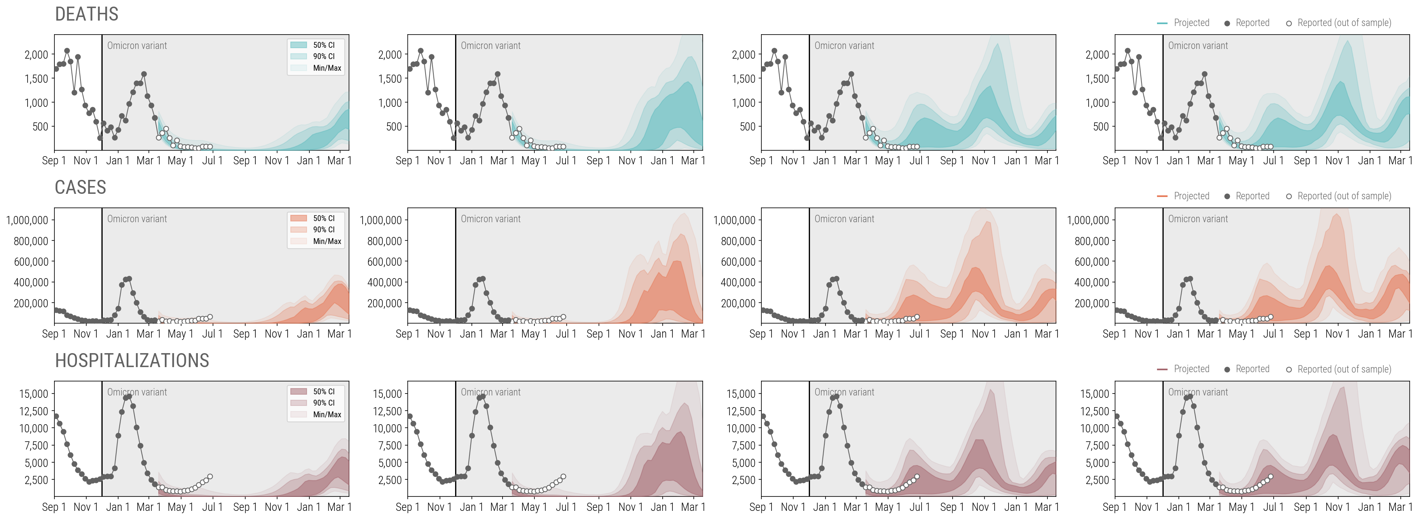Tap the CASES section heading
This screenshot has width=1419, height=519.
click(80, 188)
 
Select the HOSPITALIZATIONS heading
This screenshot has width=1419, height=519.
click(132, 361)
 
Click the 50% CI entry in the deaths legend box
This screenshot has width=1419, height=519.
click(323, 45)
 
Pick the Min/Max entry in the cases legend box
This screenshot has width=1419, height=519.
click(326, 241)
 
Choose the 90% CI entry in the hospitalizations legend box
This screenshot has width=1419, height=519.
click(323, 403)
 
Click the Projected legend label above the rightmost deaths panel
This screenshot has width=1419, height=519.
click(1191, 23)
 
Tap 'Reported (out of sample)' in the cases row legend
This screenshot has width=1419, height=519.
click(1344, 196)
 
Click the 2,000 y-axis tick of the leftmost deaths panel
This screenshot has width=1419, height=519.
click(37, 54)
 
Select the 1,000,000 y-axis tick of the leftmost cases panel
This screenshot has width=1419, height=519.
click(27, 220)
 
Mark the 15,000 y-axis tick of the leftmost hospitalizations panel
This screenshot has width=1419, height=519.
click(33, 394)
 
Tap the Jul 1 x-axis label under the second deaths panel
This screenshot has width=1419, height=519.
click(566, 161)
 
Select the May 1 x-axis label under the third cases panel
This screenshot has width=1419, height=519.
click(887, 334)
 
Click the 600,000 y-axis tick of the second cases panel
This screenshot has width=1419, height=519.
click(384, 262)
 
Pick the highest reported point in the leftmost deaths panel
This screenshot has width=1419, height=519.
click(66, 51)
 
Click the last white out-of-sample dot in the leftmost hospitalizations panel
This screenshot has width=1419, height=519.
click(210, 477)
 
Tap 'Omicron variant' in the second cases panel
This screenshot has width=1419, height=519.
click(490, 219)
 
